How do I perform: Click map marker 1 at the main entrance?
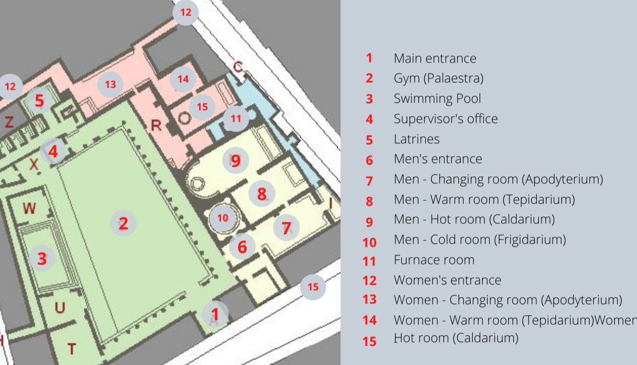click(x=215, y=314)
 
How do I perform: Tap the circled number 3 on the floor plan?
click(x=42, y=259)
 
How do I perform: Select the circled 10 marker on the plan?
click(x=222, y=218)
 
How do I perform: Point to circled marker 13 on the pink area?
click(x=110, y=84)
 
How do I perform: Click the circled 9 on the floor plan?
click(x=236, y=161)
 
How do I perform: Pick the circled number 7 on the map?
click(x=286, y=228)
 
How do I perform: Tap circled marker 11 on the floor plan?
click(x=236, y=119)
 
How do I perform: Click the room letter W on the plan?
click(x=29, y=208)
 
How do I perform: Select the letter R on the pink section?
click(x=156, y=126)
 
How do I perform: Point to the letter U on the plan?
click(x=60, y=308)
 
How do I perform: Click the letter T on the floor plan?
click(x=71, y=349)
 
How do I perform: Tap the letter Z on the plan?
click(x=9, y=122)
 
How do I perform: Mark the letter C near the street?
click(x=237, y=66)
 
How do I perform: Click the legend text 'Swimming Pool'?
click(x=437, y=98)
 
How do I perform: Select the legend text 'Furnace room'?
click(x=434, y=260)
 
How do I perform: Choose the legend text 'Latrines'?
click(x=417, y=139)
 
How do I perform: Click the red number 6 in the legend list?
click(x=369, y=160)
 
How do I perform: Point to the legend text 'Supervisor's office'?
click(x=445, y=119)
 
